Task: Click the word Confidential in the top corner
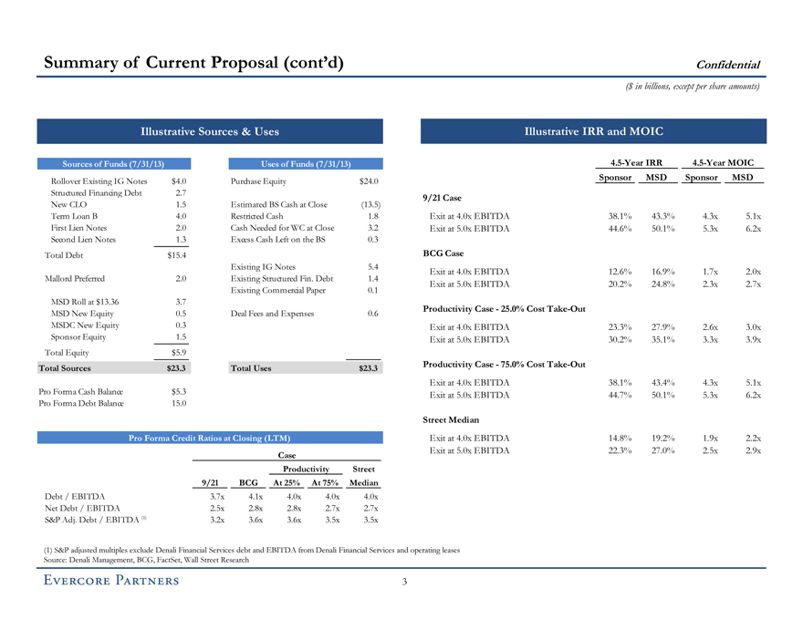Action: pyautogui.click(x=728, y=65)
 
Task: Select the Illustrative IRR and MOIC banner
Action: pyautogui.click(x=593, y=131)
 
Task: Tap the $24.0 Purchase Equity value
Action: pyautogui.click(x=369, y=181)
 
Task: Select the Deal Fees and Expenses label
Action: pyautogui.click(x=272, y=313)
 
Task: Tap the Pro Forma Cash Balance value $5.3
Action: pyautogui.click(x=178, y=392)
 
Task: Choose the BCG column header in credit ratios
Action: pyautogui.click(x=248, y=482)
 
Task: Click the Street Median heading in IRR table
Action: pyautogui.click(x=451, y=420)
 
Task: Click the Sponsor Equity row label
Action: pyautogui.click(x=80, y=336)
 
